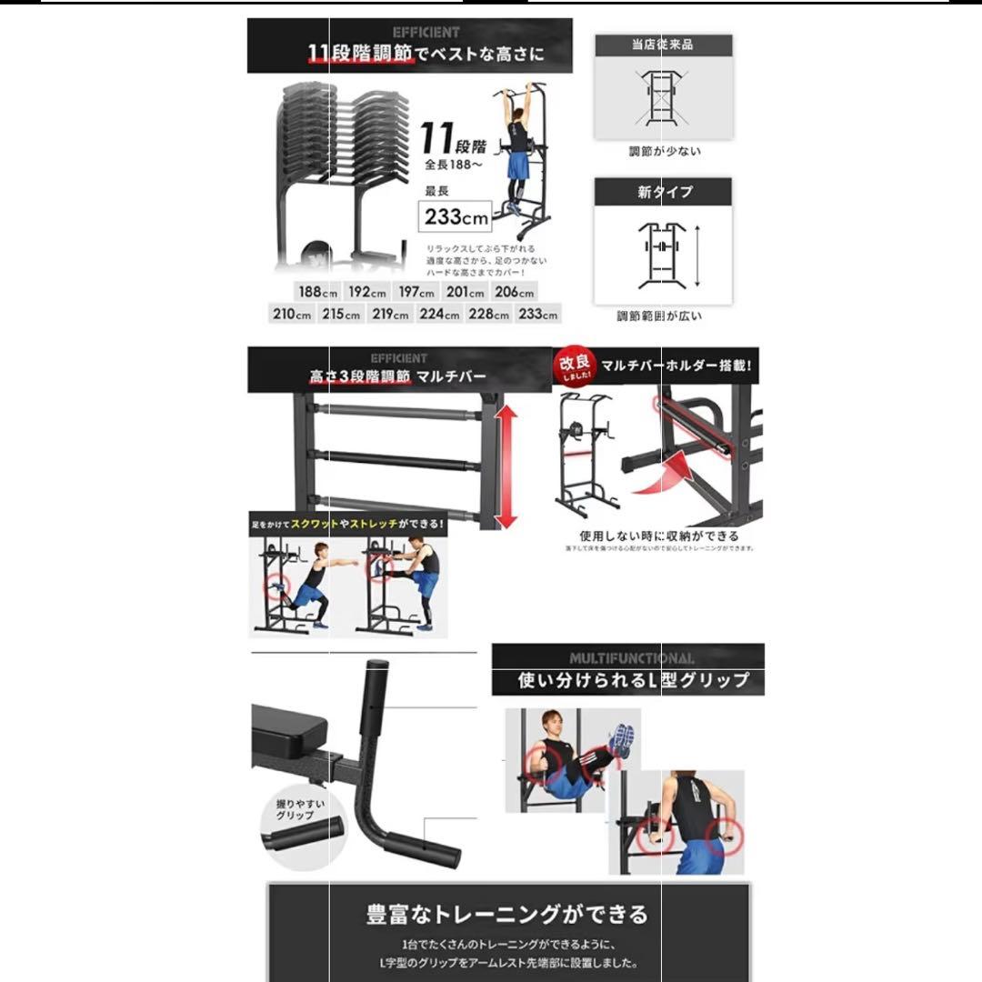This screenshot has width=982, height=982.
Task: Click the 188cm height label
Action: coord(316,293)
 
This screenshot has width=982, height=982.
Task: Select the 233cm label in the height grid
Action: coord(537,315)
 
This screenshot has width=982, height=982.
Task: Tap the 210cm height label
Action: coord(292,315)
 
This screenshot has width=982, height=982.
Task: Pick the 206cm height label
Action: coord(513,293)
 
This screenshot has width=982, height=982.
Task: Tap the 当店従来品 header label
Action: coord(663,45)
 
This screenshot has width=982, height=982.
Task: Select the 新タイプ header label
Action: coord(663,192)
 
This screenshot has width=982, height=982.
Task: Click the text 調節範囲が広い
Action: coord(659,316)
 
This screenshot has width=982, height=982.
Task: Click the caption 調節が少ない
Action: coord(665,152)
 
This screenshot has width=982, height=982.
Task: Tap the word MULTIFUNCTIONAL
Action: coord(632,657)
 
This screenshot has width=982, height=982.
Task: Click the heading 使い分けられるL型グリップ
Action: coord(633,680)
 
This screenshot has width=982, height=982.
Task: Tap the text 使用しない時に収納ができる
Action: coord(659,536)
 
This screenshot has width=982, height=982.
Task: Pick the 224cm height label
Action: coord(439,315)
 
